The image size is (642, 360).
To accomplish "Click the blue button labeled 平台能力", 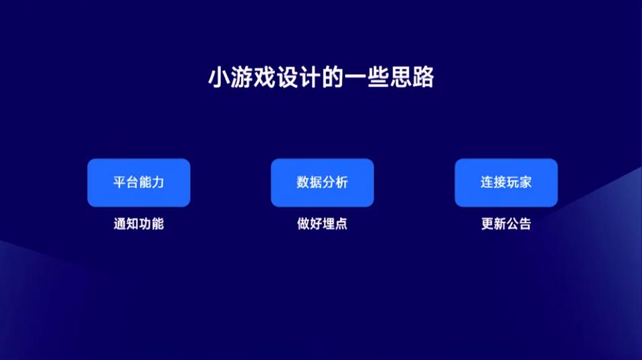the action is click(139, 183).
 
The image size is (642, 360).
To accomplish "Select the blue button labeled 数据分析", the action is click(322, 183).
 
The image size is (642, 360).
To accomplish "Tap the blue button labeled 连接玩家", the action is click(506, 183).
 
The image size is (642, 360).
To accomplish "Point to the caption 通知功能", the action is click(139, 224).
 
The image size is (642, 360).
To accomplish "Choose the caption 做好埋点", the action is click(322, 224).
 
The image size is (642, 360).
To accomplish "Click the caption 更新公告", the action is click(506, 224).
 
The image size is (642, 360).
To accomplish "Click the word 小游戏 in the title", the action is click(242, 77).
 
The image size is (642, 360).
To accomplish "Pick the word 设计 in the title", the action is click(298, 77).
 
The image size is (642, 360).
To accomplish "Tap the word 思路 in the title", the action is click(412, 77).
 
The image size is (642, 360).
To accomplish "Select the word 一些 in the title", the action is click(366, 77).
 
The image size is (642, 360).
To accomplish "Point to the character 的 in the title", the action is click(333, 77).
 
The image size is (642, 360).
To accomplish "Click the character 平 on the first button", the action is click(119, 182).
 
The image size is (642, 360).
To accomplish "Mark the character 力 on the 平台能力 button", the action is click(158, 182).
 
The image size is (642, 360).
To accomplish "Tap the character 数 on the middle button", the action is click(303, 182).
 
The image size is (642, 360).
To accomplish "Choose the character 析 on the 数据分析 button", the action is click(342, 182).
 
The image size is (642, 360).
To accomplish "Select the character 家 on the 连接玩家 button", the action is click(525, 182).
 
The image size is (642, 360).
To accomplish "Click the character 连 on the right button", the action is click(487, 182).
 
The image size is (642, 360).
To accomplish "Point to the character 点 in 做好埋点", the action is click(341, 224).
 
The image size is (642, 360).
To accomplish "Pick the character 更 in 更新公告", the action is click(487, 224).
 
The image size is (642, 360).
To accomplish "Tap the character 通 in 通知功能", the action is click(120, 224).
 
